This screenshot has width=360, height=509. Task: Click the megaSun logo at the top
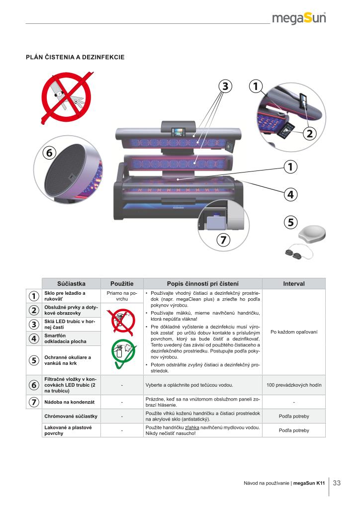[299, 18]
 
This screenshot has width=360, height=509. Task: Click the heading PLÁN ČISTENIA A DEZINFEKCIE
[75, 57]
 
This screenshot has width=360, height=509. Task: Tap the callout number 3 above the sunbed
[225, 86]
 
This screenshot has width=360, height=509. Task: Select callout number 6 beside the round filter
[49, 152]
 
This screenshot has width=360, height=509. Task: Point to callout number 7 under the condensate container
[223, 240]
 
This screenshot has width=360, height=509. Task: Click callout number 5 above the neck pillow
[290, 222]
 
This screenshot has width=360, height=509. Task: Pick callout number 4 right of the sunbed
[290, 194]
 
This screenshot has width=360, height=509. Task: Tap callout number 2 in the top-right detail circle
[309, 133]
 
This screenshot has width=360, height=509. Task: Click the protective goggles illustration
[299, 253]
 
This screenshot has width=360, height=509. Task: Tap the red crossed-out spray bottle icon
[122, 322]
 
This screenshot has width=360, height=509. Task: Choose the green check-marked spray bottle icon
[123, 353]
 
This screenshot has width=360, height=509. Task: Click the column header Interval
[294, 284]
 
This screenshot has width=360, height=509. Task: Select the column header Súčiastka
[72, 284]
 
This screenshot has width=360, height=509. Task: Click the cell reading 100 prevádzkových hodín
[294, 385]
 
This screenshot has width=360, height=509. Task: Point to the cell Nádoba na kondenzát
[70, 402]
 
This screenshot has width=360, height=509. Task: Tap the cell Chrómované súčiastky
[71, 416]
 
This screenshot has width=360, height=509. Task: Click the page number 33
[337, 483]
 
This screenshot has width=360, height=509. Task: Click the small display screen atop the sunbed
[178, 132]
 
